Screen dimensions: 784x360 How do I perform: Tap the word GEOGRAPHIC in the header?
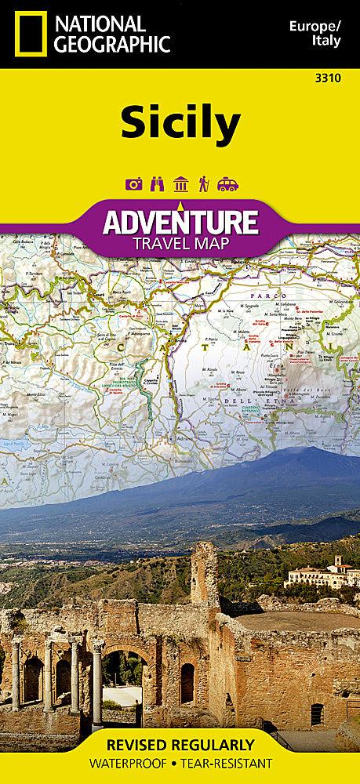(x=112, y=44)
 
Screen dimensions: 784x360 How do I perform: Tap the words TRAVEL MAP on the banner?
(x=180, y=243)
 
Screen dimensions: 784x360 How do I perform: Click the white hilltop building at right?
(x=322, y=576)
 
